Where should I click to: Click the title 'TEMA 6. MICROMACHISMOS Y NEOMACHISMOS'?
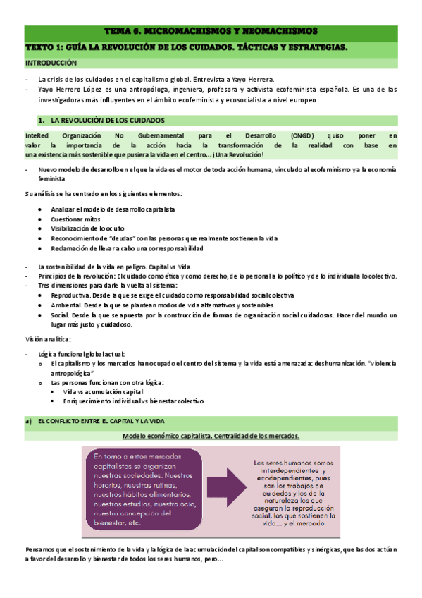211,32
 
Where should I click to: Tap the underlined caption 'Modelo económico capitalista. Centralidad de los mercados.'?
211,436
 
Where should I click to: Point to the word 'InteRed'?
37,135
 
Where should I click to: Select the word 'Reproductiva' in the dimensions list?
74,295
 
